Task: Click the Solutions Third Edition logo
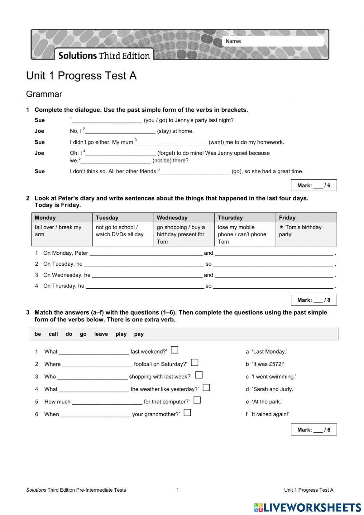point(104,55)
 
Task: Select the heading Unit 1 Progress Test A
point(81,75)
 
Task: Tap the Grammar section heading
point(44,94)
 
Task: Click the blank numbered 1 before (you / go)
point(107,120)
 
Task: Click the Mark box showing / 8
point(313,300)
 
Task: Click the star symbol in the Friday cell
point(281,227)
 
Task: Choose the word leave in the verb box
point(101,334)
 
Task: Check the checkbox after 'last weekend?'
point(175,350)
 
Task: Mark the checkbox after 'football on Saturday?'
point(195,362)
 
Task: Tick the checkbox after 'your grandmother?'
point(187,413)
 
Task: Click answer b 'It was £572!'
point(265,364)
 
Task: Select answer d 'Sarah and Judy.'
point(270,389)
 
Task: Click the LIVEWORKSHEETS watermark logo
point(308,507)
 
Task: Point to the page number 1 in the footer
point(178,490)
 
